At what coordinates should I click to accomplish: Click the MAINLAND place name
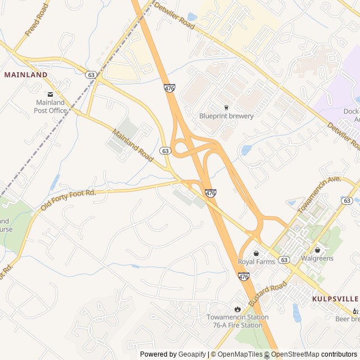pos(26,74)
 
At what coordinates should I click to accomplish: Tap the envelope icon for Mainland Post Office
pos(50,94)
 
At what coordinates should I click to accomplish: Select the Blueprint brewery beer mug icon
pos(227,107)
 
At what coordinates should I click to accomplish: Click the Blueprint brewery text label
pos(226,116)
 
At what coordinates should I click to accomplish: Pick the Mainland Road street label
pos(133,146)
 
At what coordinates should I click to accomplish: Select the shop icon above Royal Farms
pos(256,253)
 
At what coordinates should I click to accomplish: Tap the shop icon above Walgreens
pos(317,250)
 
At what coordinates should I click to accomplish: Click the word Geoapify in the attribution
pos(193,354)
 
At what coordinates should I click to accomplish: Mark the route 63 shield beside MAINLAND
pos(91,74)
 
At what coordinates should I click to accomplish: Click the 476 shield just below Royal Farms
pos(243,276)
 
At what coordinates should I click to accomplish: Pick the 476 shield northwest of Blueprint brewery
pos(169,88)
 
